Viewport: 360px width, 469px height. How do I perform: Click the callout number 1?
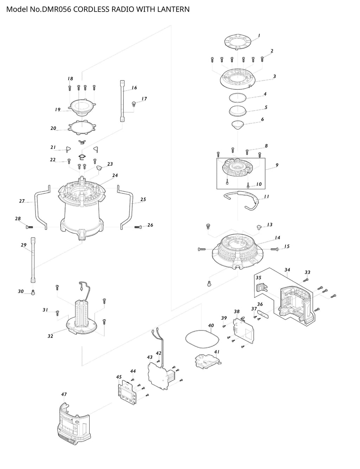tap(259, 36)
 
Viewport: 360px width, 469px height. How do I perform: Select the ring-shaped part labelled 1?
tap(239, 42)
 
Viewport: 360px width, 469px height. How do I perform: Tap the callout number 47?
tap(64, 394)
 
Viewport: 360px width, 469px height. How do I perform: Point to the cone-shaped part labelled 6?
tap(238, 125)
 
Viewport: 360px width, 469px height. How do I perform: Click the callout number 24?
tap(115, 175)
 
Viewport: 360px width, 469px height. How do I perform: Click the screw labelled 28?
tap(29, 227)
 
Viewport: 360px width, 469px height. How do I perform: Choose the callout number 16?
tap(134, 88)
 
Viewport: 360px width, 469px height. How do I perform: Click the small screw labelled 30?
tap(33, 292)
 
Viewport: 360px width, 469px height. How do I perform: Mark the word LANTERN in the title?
tap(172, 9)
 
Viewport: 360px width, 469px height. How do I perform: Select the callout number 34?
tap(287, 270)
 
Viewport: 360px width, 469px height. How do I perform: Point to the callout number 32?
tap(50, 336)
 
